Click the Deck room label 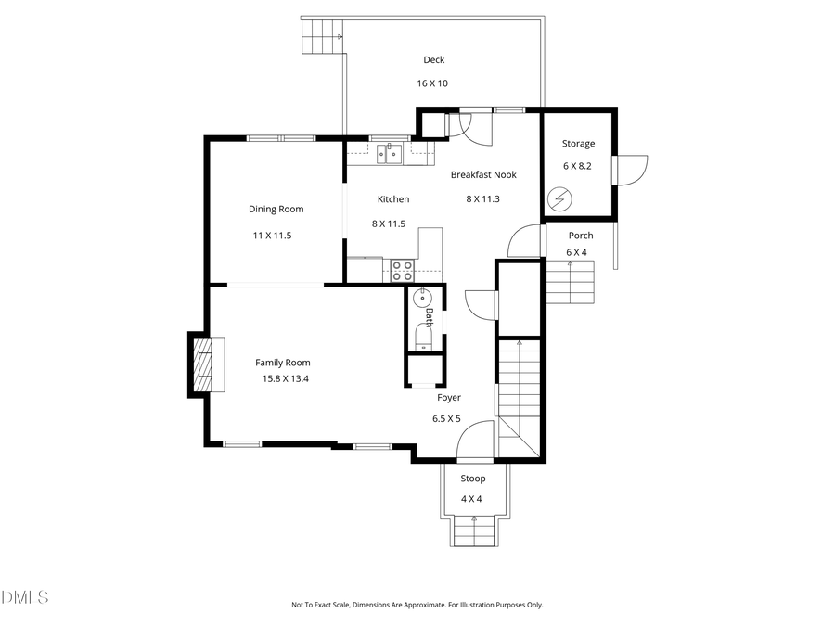point(433,60)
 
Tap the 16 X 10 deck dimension point(432,83)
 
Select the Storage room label point(578,144)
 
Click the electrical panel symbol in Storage point(560,198)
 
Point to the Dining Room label point(276,210)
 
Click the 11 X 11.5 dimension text point(272,236)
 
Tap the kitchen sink point(392,154)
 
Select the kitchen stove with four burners point(402,270)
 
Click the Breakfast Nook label point(483,174)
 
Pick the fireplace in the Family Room point(203,364)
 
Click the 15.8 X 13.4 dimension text point(285,378)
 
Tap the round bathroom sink point(420,298)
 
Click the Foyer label point(449,398)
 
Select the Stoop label point(473,479)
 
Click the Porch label point(580,236)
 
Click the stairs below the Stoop point(474,533)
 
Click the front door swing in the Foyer point(476,440)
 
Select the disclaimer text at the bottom point(417,605)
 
